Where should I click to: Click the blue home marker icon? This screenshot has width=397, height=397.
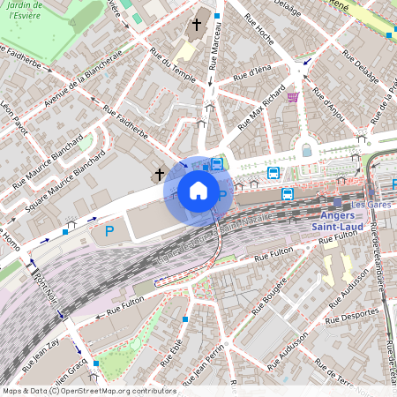pyautogui.click(x=198, y=191)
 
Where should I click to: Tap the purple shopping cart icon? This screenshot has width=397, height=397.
pyautogui.click(x=292, y=97)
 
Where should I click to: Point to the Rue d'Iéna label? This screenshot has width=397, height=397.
pyautogui.click(x=252, y=74)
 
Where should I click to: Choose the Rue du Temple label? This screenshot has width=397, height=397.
pyautogui.click(x=173, y=64)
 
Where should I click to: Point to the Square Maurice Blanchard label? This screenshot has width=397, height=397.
pyautogui.click(x=61, y=174)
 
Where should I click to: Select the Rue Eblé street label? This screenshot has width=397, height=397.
pyautogui.click(x=174, y=357)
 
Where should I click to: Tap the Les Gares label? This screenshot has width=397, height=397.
pyautogui.click(x=378, y=199)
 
